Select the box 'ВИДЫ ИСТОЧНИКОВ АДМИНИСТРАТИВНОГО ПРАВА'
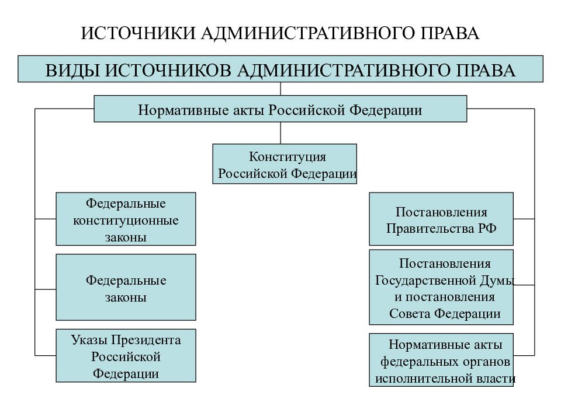coord(280,69)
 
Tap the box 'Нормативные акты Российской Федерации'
coord(280,108)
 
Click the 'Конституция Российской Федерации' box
coord(285,164)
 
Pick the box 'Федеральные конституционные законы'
coord(126,219)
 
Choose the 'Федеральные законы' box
coord(126,287)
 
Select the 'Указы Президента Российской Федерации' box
coord(126,356)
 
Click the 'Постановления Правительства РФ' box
coord(441,219)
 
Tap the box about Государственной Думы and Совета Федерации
coord(441,287)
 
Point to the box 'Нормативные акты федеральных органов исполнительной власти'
coord(441,360)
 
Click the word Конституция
coord(288,156)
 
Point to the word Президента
coord(146,339)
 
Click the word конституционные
coord(126,220)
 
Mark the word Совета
coord(410,314)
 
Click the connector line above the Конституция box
coord(280,133)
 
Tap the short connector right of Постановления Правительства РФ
coord(524,219)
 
